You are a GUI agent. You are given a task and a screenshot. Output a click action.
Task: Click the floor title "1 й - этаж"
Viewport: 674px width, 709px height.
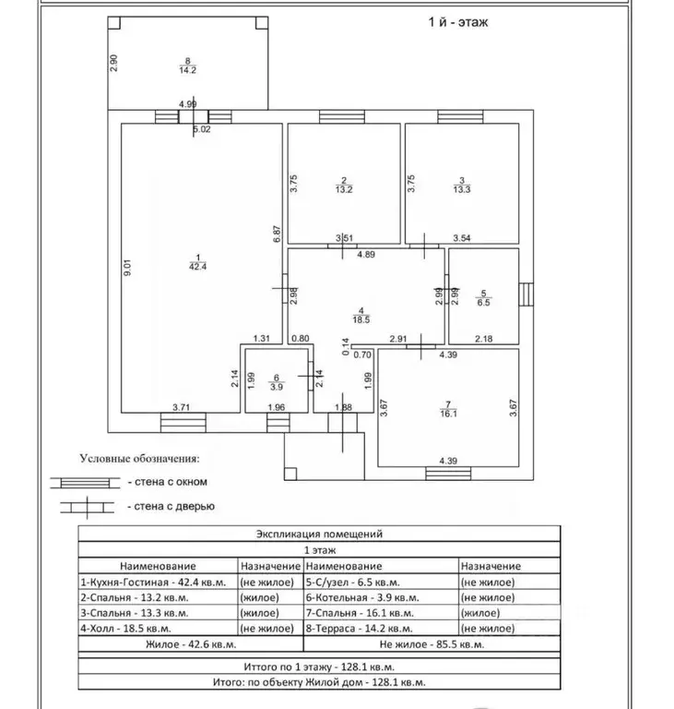(x=458, y=22)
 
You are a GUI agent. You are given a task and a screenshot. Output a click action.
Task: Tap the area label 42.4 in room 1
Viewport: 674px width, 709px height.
(x=198, y=267)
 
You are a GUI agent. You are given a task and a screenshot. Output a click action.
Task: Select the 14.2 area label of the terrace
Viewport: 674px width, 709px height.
(x=187, y=70)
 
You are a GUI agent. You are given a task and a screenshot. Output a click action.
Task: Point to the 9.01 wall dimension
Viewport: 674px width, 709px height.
(x=127, y=267)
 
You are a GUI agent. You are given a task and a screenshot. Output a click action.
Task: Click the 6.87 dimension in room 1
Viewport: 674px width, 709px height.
(x=278, y=234)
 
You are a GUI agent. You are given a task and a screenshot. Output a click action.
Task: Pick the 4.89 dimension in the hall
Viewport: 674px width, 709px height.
(x=366, y=255)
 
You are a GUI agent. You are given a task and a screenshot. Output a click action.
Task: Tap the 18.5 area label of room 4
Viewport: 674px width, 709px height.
(x=361, y=319)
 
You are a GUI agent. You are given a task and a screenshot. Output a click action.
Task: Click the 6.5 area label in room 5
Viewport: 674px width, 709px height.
(x=483, y=303)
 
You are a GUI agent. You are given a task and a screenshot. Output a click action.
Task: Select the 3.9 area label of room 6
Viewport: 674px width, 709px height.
(x=277, y=387)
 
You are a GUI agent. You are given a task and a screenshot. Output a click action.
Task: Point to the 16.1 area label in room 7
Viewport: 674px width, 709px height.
(x=448, y=414)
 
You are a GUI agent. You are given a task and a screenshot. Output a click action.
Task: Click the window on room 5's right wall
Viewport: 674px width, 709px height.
(x=526, y=294)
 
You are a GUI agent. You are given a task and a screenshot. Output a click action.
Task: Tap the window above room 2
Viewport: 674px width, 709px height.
(x=342, y=116)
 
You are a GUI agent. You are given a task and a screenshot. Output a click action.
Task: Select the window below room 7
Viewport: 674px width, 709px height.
(x=448, y=474)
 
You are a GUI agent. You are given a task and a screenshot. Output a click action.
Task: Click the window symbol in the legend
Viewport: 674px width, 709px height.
(x=85, y=483)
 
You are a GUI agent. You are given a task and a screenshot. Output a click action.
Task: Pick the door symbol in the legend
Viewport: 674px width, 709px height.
(x=88, y=508)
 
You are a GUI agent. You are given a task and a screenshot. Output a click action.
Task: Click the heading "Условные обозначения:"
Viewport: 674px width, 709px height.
(x=139, y=459)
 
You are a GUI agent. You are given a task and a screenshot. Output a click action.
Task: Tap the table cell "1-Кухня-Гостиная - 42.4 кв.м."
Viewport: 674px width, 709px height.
(x=153, y=583)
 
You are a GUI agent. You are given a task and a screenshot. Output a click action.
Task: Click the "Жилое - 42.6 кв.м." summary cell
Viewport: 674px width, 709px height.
(x=191, y=644)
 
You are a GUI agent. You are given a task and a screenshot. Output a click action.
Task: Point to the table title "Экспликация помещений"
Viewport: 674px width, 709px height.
(x=319, y=534)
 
